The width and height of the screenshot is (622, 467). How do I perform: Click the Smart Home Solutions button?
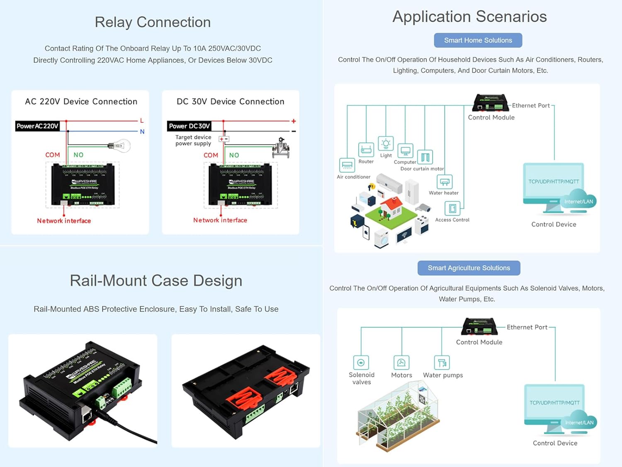click(x=478, y=40)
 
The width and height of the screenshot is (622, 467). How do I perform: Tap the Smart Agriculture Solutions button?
click(x=469, y=268)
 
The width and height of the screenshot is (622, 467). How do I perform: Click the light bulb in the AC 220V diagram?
click(x=120, y=146)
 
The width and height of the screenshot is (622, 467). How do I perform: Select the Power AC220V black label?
click(x=37, y=126)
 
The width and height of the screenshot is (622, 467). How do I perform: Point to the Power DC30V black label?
click(x=190, y=126)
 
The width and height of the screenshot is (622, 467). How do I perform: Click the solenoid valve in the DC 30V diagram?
click(x=281, y=148)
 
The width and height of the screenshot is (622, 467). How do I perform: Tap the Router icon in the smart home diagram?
click(x=366, y=149)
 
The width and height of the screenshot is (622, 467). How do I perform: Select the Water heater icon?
click(x=445, y=182)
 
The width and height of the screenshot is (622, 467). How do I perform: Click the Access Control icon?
click(x=452, y=208)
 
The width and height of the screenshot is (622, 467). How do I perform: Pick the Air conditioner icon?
click(x=347, y=165)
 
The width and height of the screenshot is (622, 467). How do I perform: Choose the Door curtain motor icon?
click(x=425, y=157)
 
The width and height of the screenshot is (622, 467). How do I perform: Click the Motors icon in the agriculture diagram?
click(x=401, y=362)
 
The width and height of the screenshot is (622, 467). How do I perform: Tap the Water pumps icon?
click(x=442, y=362)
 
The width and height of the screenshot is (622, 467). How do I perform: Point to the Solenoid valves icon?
click(x=361, y=362)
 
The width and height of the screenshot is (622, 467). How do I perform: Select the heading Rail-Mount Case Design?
click(x=156, y=281)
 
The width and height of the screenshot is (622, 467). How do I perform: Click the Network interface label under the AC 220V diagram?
click(x=64, y=221)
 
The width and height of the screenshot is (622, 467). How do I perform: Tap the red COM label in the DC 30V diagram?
click(x=211, y=155)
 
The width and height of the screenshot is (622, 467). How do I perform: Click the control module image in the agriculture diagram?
click(x=479, y=327)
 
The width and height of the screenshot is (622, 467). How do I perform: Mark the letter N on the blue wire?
click(x=142, y=132)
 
